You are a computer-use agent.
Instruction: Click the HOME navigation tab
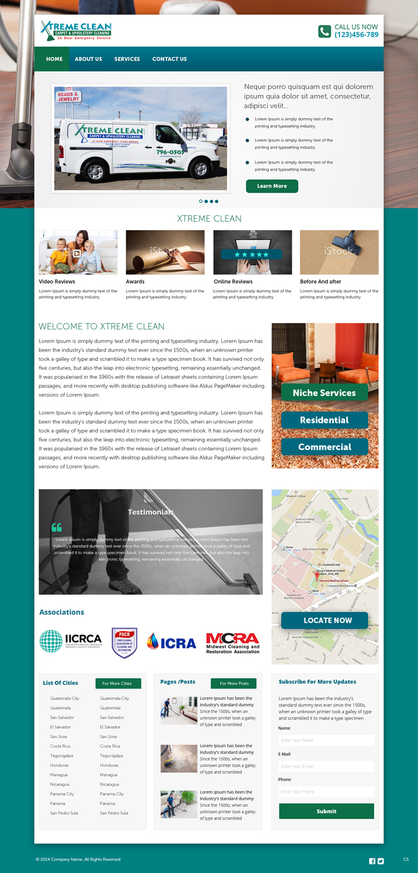[54, 59]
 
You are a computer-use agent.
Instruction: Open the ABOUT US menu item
[88, 59]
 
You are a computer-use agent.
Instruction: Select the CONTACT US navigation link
[169, 59]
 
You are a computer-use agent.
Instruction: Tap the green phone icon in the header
[324, 31]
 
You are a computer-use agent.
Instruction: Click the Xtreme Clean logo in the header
[76, 30]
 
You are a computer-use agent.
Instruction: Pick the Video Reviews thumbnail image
[78, 252]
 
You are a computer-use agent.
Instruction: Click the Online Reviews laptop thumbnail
[253, 252]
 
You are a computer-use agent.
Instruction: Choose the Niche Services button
[324, 393]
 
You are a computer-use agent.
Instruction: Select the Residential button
[324, 420]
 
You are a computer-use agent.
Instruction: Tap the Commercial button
[324, 447]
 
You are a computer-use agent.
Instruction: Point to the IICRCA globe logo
[51, 641]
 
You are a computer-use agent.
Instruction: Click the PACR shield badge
[124, 643]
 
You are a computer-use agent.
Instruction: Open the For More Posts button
[233, 683]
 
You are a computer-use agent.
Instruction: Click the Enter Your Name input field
[326, 740]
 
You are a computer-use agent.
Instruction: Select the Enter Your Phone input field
[326, 792]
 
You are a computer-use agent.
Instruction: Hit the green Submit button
[326, 811]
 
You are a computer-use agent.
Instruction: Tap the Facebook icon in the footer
[373, 861]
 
